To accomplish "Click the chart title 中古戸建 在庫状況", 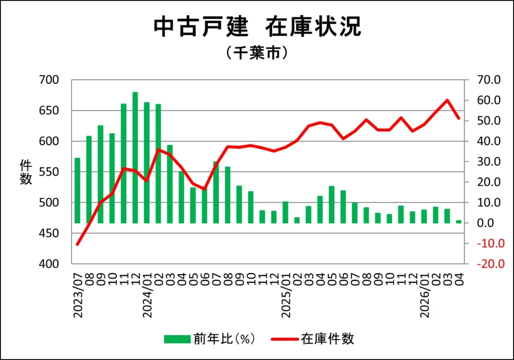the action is [x=258, y=27].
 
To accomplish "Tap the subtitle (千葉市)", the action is [x=257, y=52].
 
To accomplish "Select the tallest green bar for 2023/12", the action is [x=135, y=158].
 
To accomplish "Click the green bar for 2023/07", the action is [x=77, y=190].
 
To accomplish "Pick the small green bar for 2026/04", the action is [x=459, y=221].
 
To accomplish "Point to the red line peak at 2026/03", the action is [x=447, y=100].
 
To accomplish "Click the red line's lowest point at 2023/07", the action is [x=77, y=244].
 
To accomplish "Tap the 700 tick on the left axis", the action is [x=49, y=80].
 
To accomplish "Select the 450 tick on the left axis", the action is [x=49, y=233].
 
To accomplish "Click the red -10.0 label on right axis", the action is [x=490, y=244].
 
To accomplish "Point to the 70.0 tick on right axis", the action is [x=489, y=80].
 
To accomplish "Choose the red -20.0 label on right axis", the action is [x=490, y=264].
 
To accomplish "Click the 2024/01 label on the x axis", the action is [x=147, y=295].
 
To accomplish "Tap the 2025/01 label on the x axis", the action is [x=286, y=295].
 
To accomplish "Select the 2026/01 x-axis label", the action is [x=425, y=295].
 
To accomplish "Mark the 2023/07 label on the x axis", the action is [x=78, y=295].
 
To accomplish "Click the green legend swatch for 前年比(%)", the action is [x=177, y=339].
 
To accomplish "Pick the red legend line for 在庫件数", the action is [x=285, y=339].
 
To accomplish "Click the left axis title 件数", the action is [x=26, y=172].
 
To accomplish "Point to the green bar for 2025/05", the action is [x=331, y=204].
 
